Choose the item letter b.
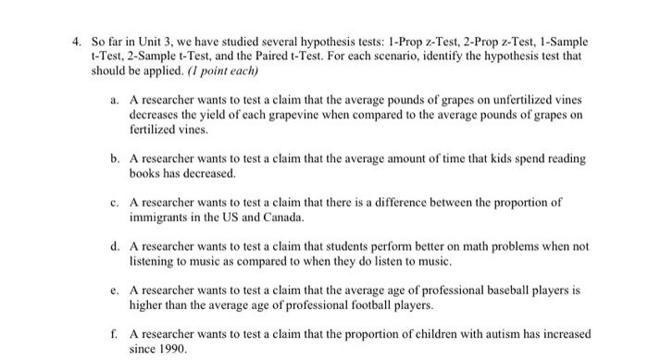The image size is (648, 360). point(114,159)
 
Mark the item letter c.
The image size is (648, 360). point(114,202)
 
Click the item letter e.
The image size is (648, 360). point(114,289)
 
